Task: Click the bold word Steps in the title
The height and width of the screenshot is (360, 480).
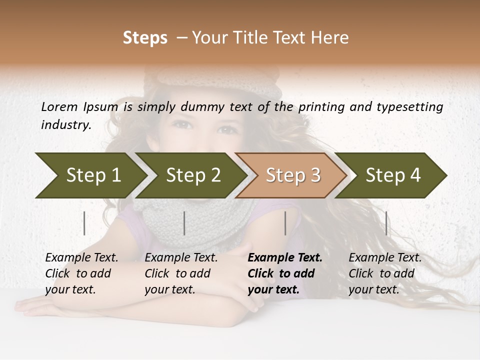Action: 145,38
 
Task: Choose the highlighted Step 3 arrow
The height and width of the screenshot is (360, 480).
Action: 293,175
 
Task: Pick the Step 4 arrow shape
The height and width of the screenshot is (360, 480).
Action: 393,175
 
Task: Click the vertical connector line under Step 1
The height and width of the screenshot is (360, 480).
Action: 84,223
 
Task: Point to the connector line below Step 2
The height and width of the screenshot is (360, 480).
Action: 184,223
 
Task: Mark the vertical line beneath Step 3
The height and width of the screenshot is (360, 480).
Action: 285,223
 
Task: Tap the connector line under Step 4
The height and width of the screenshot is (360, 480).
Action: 386,223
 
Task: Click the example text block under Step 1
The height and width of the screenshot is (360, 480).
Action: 81,273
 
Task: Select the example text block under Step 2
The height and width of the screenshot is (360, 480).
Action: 181,273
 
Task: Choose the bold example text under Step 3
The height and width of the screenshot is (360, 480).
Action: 285,273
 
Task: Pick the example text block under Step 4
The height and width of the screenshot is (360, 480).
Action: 385,273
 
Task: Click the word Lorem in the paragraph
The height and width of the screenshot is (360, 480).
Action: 59,106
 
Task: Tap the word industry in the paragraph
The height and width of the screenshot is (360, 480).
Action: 66,124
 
